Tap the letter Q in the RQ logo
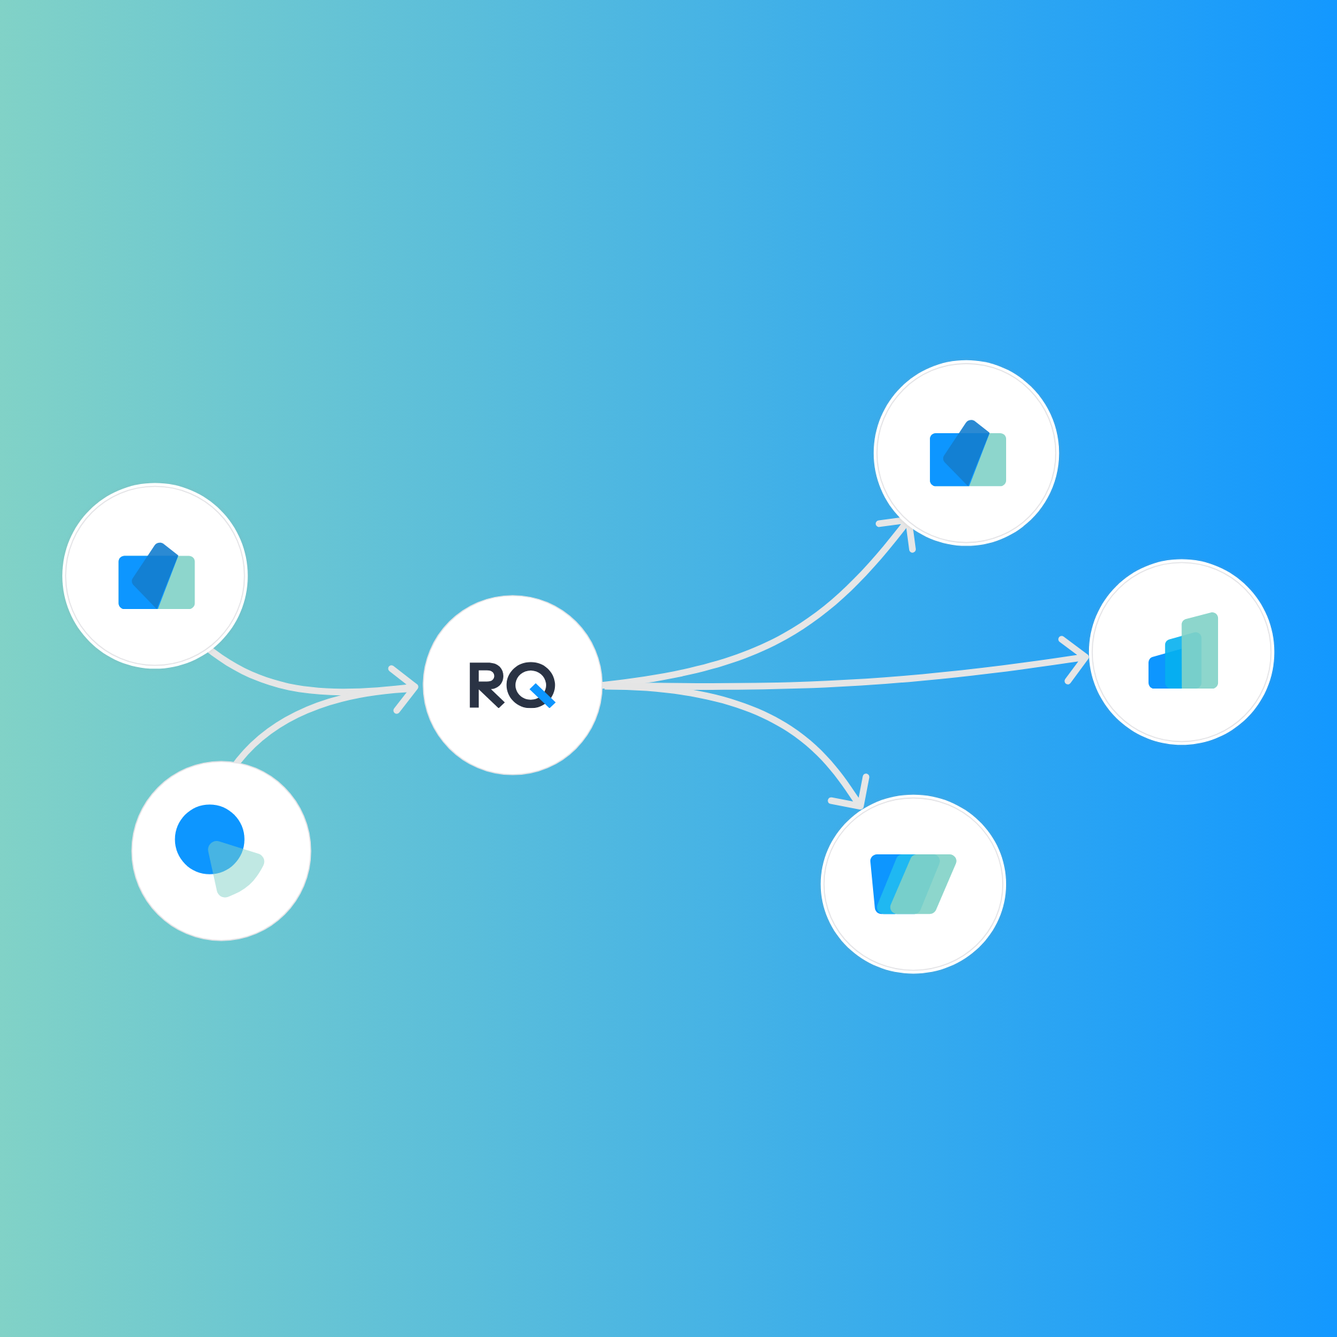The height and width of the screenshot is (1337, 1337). [529, 684]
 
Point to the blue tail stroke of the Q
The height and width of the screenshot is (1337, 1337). [544, 696]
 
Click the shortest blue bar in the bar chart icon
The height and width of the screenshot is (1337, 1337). [1156, 673]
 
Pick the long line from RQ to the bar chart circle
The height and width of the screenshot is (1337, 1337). [865, 681]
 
